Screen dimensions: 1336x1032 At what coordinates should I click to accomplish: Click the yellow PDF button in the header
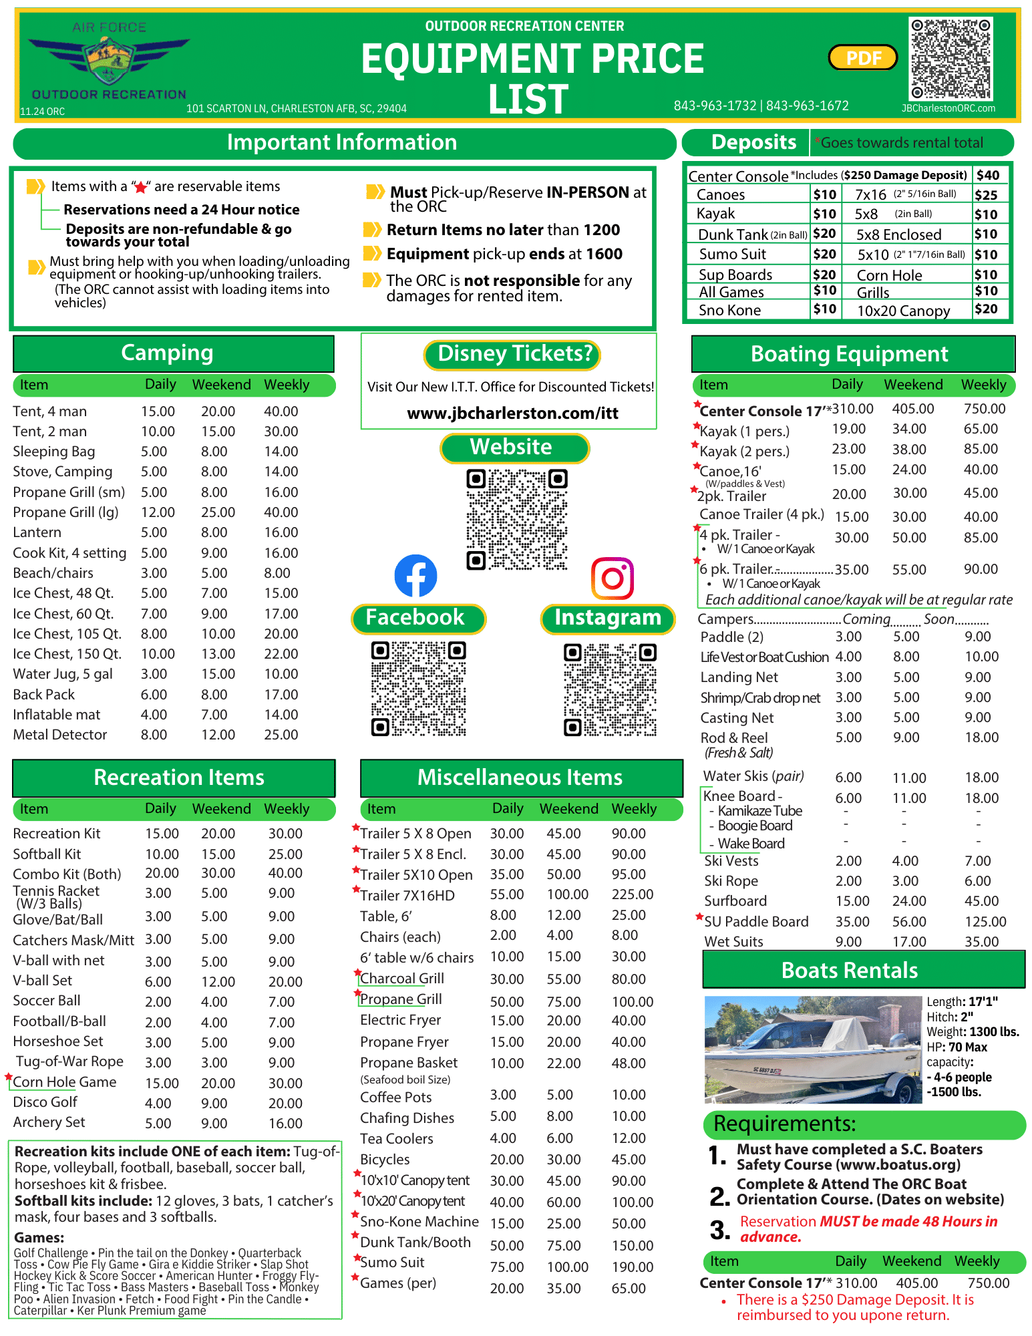pyautogui.click(x=863, y=58)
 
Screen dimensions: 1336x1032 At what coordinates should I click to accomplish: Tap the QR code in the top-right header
pyautogui.click(x=951, y=59)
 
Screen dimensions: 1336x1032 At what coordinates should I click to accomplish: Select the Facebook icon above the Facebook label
pyautogui.click(x=415, y=576)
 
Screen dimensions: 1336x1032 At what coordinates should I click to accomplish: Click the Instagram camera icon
pyautogui.click(x=612, y=578)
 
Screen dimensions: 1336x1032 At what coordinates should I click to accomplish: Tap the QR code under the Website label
pyautogui.click(x=516, y=520)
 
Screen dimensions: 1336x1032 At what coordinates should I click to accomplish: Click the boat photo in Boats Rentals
pyautogui.click(x=813, y=1049)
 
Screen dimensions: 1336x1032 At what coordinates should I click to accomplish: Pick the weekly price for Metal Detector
pyautogui.click(x=281, y=735)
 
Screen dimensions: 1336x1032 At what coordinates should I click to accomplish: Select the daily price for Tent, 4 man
pyautogui.click(x=158, y=411)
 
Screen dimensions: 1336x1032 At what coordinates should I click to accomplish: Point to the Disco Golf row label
pyautogui.click(x=45, y=1102)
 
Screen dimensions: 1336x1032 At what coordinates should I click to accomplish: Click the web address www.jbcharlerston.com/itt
pyautogui.click(x=512, y=413)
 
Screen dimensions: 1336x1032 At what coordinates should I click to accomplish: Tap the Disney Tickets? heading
pyautogui.click(x=512, y=354)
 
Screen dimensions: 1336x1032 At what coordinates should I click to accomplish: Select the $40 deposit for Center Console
pyautogui.click(x=988, y=175)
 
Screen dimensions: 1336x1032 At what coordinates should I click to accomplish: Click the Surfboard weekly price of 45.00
pyautogui.click(x=981, y=901)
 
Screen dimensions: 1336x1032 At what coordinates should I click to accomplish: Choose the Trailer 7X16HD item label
pyautogui.click(x=407, y=895)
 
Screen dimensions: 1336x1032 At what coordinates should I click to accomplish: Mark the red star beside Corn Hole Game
pyautogui.click(x=9, y=1077)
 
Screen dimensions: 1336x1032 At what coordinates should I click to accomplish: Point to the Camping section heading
pyautogui.click(x=167, y=353)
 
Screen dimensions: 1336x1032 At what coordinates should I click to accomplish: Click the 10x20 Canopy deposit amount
pyautogui.click(x=986, y=309)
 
